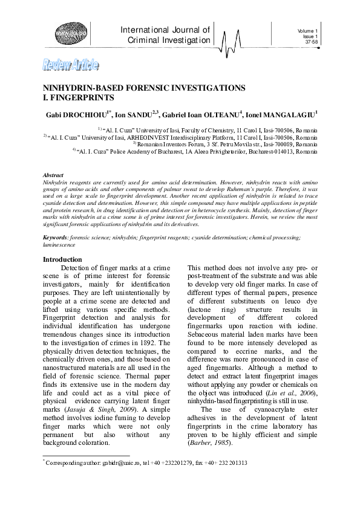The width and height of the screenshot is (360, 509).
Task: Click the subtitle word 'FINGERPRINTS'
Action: coord(79,97)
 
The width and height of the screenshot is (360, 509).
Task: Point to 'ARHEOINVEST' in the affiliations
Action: coord(148,137)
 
